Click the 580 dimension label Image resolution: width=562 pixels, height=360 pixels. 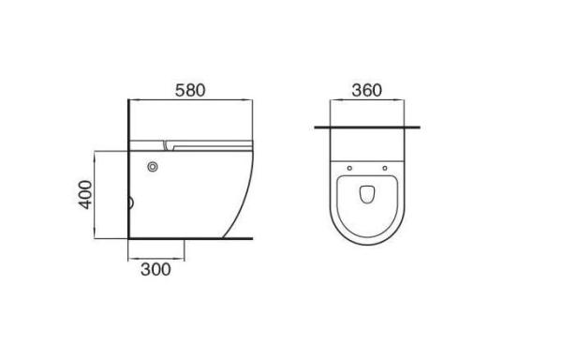190,90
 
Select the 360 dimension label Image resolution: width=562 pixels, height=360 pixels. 366,90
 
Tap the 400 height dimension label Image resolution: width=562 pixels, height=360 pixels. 85,195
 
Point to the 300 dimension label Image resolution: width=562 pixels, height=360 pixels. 155,269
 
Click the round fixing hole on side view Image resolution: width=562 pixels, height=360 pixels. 153,167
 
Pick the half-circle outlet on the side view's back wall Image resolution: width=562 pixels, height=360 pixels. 131,202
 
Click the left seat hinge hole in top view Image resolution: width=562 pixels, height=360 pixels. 349,168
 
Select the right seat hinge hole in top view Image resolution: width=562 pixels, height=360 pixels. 385,168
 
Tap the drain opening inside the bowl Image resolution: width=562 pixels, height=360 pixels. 367,194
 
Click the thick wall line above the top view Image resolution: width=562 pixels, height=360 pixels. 367,127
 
